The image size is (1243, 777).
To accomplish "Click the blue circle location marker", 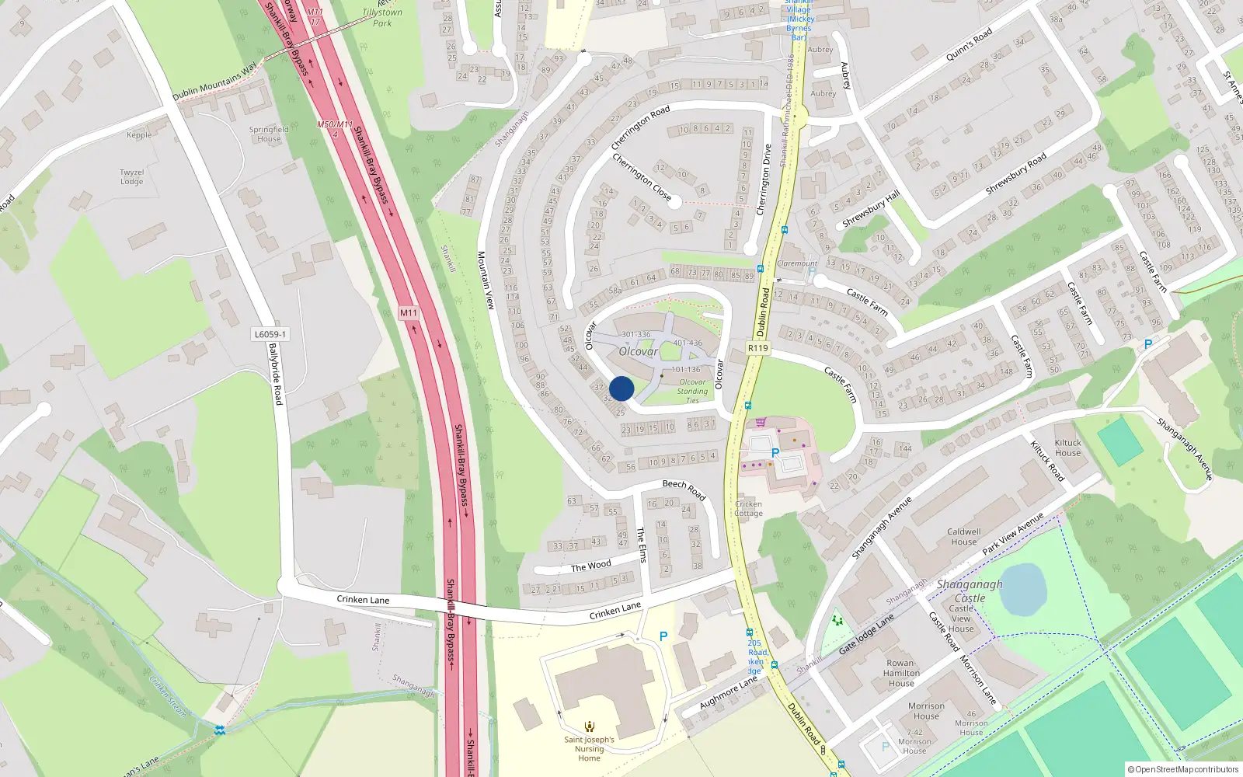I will click(x=621, y=388).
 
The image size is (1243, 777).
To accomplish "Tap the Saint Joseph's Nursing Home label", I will click(x=589, y=748).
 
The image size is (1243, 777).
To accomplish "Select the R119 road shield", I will click(x=757, y=348).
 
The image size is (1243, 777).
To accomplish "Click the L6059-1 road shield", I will click(x=270, y=334).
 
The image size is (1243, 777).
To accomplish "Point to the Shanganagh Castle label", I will click(x=970, y=591).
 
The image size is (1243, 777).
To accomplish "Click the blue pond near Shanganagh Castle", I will click(x=1022, y=588).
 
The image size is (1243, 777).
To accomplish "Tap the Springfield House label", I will click(x=269, y=134).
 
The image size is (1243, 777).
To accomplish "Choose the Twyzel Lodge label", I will click(x=131, y=177).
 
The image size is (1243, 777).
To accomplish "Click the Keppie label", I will click(x=139, y=135).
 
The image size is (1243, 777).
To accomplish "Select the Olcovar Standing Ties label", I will click(x=692, y=391).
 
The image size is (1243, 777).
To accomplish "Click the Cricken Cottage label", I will click(x=748, y=508).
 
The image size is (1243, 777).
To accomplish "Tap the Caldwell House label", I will click(x=963, y=537).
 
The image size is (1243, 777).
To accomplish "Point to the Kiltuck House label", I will click(x=1067, y=448).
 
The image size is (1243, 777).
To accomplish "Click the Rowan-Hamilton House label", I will click(x=901, y=673).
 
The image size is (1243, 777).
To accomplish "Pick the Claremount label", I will click(x=797, y=263).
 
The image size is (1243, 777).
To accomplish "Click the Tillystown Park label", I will click(x=382, y=17).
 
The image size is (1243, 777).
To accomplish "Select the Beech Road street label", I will click(x=684, y=488).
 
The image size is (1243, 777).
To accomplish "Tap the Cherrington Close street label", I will click(x=642, y=176).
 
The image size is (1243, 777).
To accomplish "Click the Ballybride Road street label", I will click(x=275, y=374).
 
